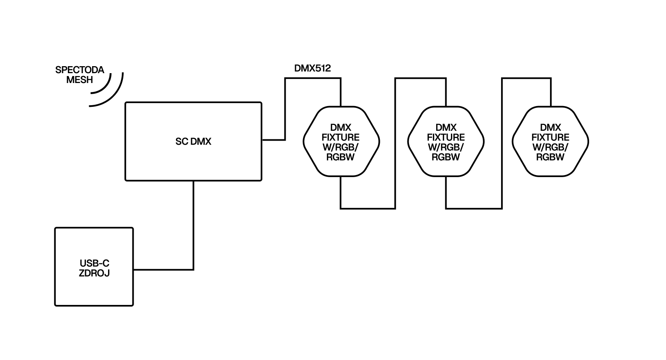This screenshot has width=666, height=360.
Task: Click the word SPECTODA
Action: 80,70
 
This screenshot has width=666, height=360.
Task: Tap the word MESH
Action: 80,80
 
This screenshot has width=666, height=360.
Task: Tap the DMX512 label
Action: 312,68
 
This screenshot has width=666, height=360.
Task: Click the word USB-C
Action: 94,263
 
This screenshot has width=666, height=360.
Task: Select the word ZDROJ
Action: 94,273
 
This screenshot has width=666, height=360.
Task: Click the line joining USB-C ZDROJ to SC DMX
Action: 193,230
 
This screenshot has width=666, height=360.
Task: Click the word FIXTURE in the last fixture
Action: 550,137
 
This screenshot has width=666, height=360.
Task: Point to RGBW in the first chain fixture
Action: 341,157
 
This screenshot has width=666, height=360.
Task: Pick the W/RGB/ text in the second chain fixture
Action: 446,147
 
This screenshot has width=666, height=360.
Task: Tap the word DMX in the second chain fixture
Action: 446,127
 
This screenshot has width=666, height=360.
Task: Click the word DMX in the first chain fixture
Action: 341,127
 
